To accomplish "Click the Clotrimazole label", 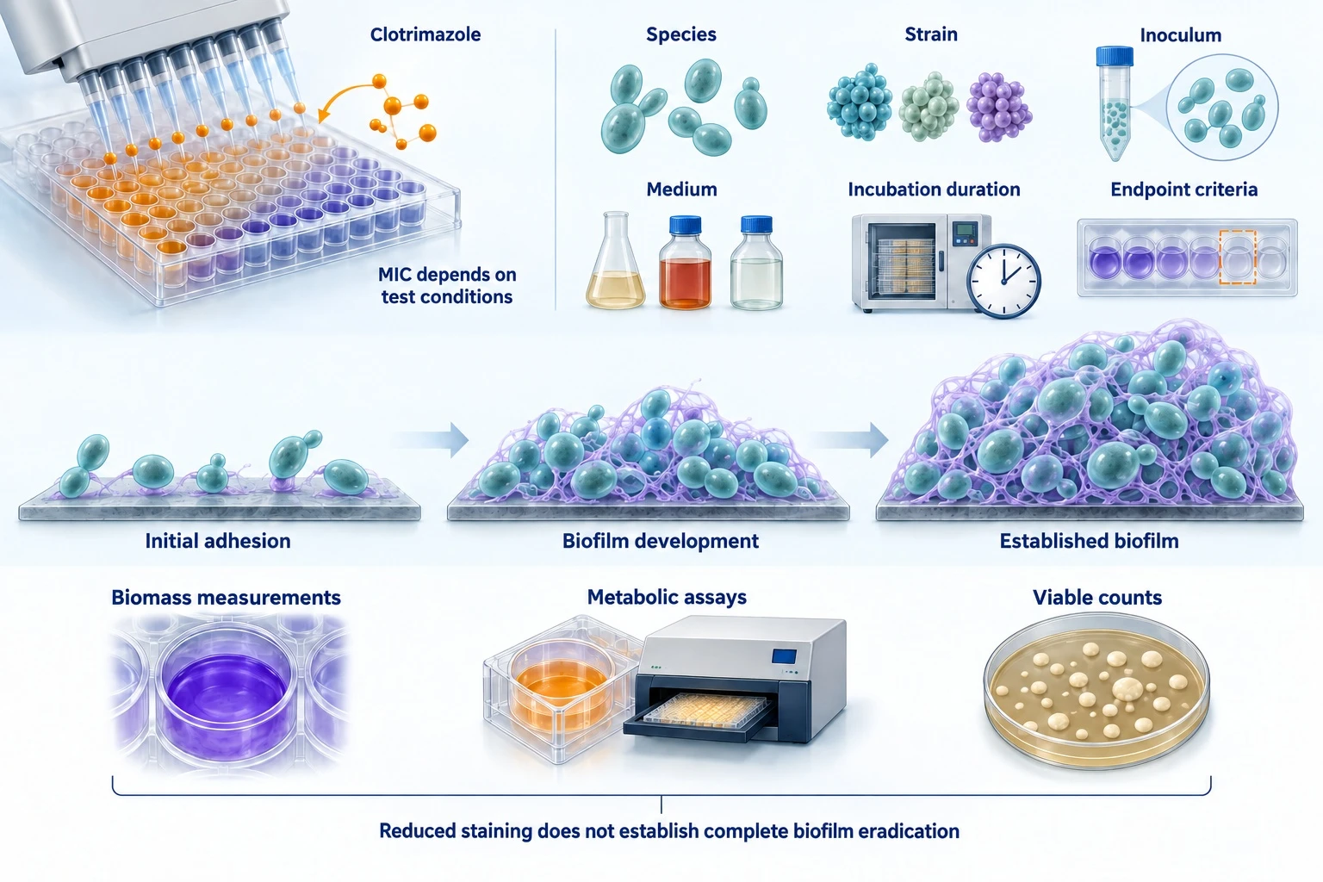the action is click(425, 34).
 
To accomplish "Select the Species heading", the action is click(681, 34).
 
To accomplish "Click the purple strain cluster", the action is click(999, 107).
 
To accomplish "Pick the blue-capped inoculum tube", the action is click(1114, 102).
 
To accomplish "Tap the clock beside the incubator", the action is click(1003, 282).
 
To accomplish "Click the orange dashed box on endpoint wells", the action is click(1238, 258).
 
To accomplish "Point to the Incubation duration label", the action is click(934, 189).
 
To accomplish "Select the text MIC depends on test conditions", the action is click(447, 285).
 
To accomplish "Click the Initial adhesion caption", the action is click(218, 541).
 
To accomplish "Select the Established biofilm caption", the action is click(1089, 541).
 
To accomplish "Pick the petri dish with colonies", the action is click(1096, 689).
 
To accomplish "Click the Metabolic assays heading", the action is click(667, 597).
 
